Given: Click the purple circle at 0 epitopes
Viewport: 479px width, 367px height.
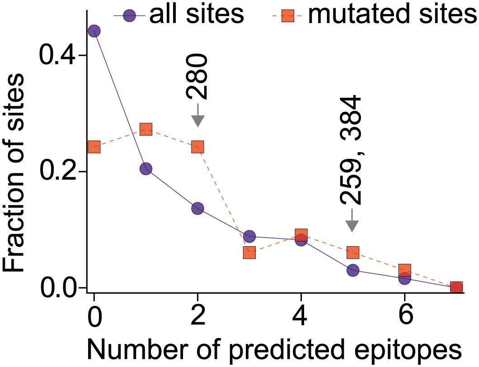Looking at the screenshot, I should [94, 31].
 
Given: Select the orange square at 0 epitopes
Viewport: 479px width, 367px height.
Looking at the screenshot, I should [94, 147].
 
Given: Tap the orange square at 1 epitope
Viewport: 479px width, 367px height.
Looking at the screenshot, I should [146, 129].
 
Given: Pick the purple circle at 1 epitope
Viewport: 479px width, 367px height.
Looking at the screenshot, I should [146, 169].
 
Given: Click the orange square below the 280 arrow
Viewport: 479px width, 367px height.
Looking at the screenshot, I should [197, 147].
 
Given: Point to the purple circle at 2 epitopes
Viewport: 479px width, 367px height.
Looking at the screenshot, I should [197, 208].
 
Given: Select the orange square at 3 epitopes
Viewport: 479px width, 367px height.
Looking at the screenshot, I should [249, 253].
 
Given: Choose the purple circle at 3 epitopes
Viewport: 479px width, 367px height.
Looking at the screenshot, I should [249, 236].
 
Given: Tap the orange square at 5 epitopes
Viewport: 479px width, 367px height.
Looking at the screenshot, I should [353, 252].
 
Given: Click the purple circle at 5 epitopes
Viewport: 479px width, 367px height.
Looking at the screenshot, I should [353, 270].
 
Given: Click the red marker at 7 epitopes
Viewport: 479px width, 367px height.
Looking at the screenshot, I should [456, 287].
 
